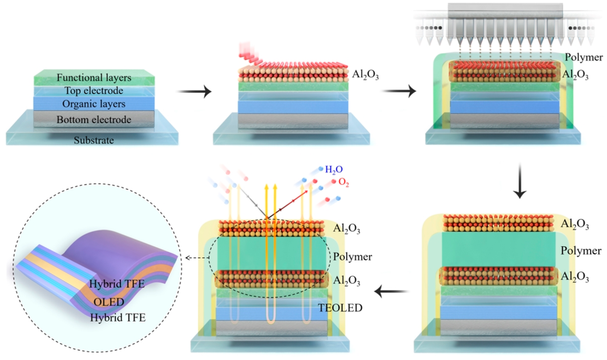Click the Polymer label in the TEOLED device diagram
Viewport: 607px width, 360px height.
(x=352, y=256)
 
